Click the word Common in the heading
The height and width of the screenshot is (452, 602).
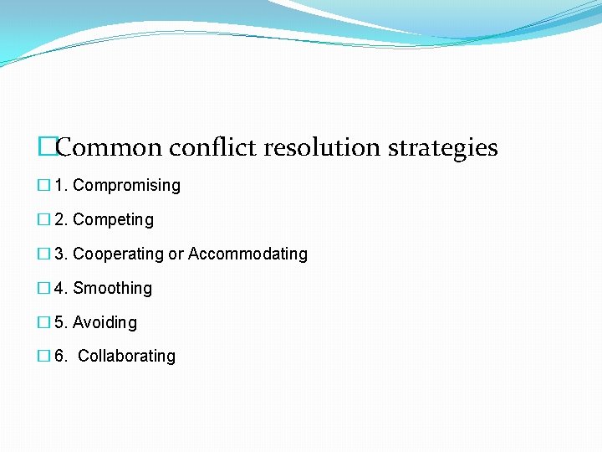[109, 148]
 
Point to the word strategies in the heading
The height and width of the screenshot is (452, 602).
[443, 149]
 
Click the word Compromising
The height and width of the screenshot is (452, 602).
[126, 186]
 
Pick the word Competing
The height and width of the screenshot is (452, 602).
[113, 220]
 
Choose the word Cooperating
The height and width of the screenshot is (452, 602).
[118, 254]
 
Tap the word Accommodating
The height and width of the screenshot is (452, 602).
[247, 254]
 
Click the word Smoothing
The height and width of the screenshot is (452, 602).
[112, 288]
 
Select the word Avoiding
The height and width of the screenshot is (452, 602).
[105, 322]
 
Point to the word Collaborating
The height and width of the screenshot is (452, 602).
[126, 356]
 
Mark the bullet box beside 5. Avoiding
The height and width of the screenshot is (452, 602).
[44, 322]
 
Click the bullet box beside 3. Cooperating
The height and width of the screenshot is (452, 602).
[44, 254]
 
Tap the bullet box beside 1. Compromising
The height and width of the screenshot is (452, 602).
[44, 186]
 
